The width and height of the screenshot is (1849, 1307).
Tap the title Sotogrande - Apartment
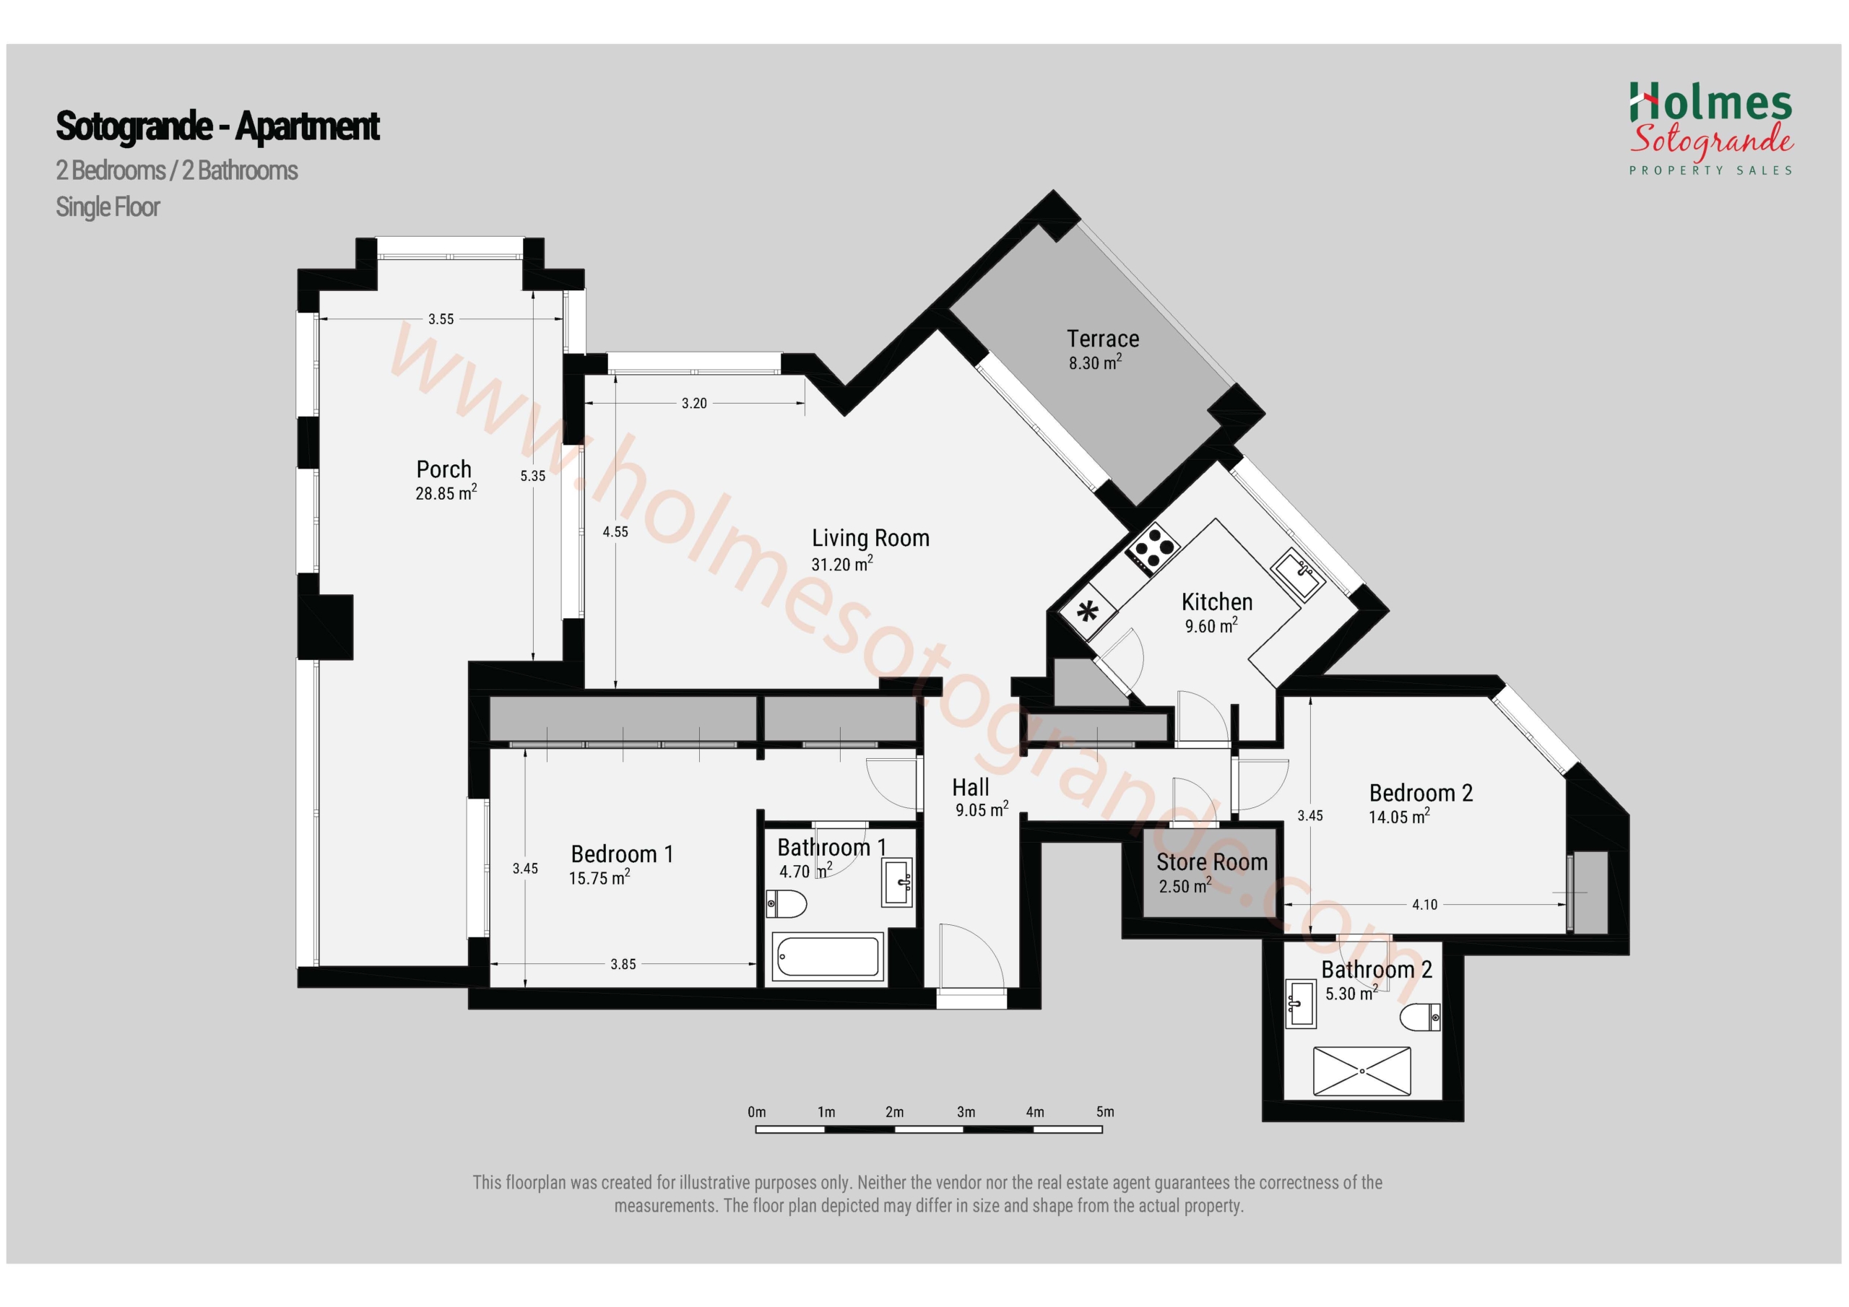click(x=217, y=126)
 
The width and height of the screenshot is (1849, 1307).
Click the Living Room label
click(x=870, y=538)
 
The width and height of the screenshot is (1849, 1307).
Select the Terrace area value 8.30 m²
click(x=1095, y=362)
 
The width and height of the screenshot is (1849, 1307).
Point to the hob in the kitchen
click(x=1153, y=550)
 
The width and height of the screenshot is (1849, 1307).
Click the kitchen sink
click(x=1297, y=573)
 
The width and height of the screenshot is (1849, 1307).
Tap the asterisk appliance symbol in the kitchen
click(x=1088, y=613)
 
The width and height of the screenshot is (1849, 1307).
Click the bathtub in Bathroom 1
click(x=828, y=957)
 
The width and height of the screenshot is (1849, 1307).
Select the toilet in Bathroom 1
click(x=786, y=904)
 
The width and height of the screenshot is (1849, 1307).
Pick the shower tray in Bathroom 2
click(x=1361, y=1071)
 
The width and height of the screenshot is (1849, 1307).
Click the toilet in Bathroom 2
click(x=1421, y=1017)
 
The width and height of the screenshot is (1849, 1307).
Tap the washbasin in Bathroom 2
click(x=1301, y=1004)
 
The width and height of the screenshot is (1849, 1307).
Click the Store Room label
click(x=1212, y=862)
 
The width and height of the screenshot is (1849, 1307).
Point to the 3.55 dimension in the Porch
click(x=441, y=319)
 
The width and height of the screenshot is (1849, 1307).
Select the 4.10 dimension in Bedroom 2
click(x=1424, y=904)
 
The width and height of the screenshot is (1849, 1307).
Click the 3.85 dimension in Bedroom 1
click(x=623, y=964)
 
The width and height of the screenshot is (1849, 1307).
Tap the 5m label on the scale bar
click(x=1105, y=1112)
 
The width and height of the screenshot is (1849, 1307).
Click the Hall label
click(x=971, y=788)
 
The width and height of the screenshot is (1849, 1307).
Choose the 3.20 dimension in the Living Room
click(x=694, y=403)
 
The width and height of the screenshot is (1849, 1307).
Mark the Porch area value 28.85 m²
click(x=446, y=493)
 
